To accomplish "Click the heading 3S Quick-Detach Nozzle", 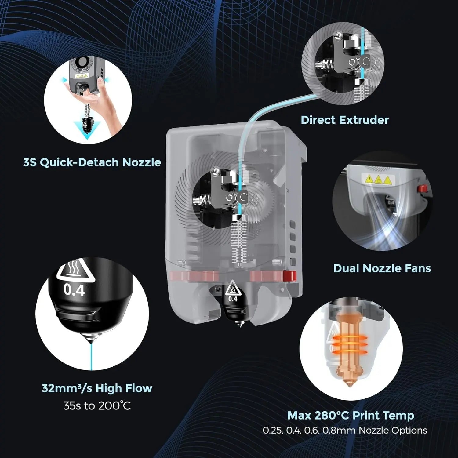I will (92, 162).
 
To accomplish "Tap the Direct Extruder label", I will (344, 120).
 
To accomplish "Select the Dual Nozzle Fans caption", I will (382, 268).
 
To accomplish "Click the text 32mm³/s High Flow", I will (97, 388).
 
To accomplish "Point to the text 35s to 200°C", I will (97, 406).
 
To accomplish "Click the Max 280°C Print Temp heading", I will (351, 415).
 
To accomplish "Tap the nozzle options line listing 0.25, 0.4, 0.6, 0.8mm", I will (345, 431).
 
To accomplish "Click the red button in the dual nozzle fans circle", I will (422, 189).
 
